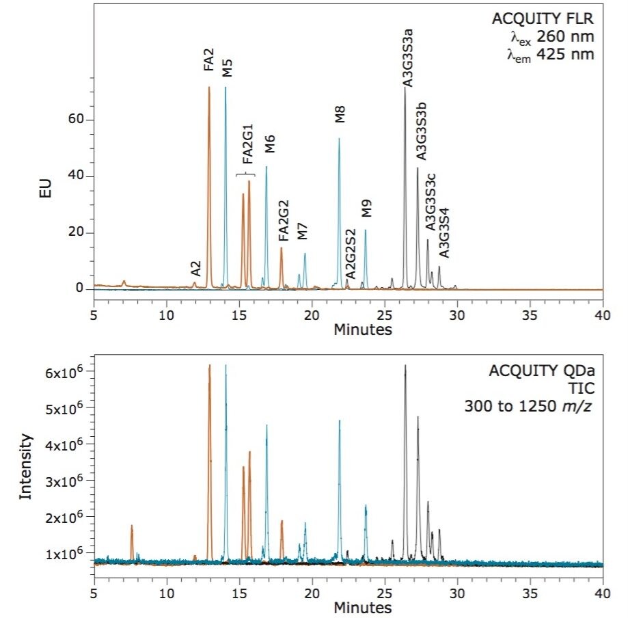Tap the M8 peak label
[340, 113]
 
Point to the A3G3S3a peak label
[407, 62]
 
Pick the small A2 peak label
[195, 269]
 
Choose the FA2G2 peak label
[284, 221]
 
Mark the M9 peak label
[367, 209]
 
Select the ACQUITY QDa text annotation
[542, 371]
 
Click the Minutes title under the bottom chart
[362, 607]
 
